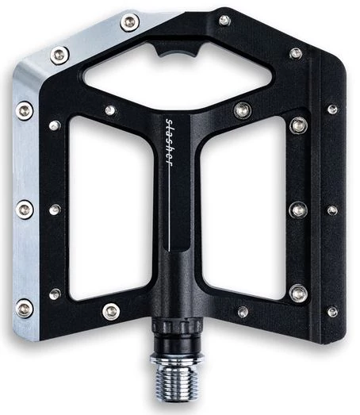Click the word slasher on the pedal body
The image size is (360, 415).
tap(169, 143)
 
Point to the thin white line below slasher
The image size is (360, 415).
tap(169, 209)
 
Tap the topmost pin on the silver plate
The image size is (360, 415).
tap(130, 22)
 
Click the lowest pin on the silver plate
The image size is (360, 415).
tap(25, 308)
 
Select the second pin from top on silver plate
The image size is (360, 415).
tap(59, 56)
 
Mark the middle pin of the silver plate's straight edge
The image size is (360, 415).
tap(25, 209)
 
